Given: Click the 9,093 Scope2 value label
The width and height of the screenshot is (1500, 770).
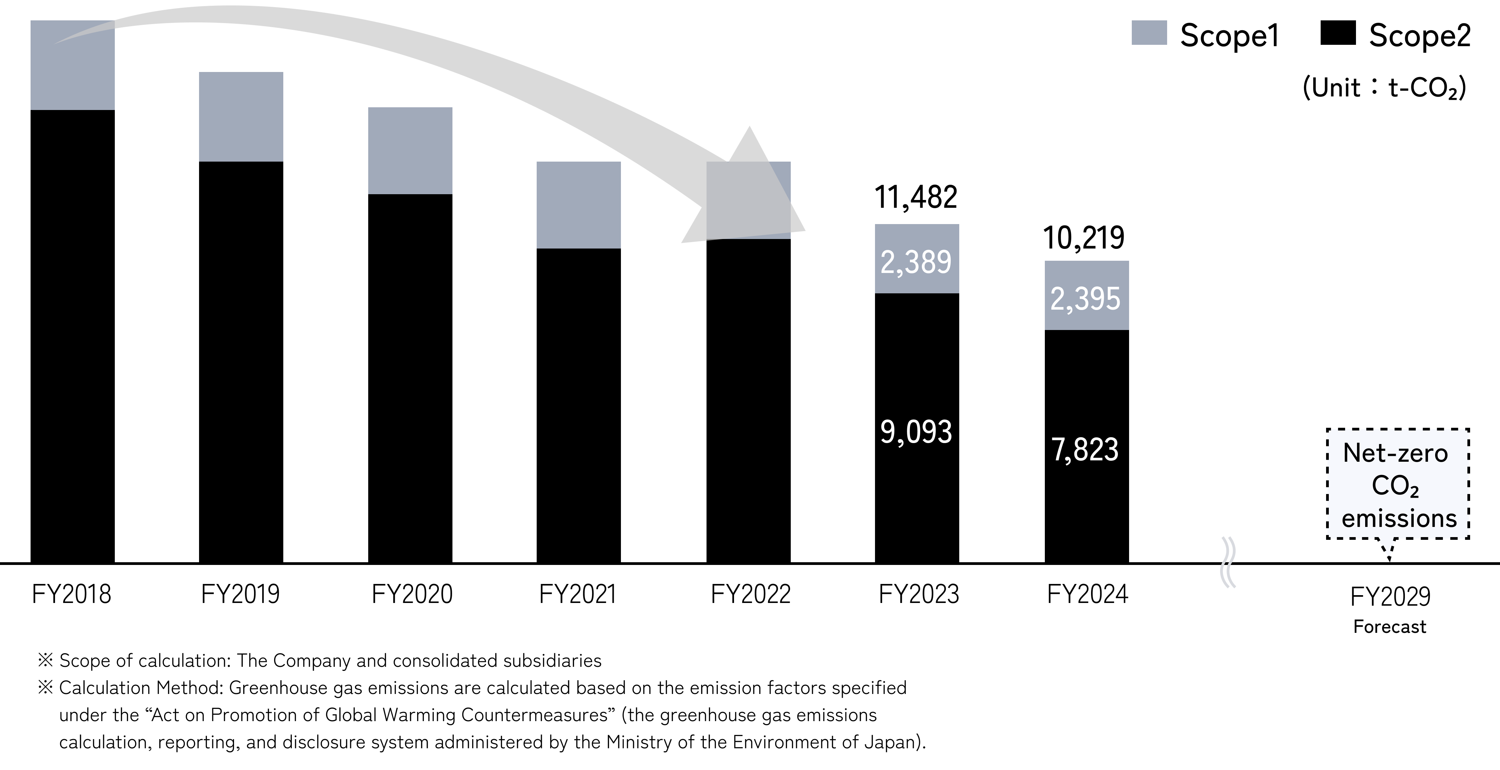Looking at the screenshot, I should [916, 432].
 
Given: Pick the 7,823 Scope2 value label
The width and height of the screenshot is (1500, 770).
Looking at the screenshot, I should [1085, 450].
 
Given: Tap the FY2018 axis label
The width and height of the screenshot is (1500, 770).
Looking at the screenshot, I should [72, 594].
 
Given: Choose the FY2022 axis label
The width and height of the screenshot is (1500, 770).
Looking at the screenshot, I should [751, 594].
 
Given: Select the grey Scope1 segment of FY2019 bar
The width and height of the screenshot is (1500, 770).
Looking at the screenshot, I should [241, 116].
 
